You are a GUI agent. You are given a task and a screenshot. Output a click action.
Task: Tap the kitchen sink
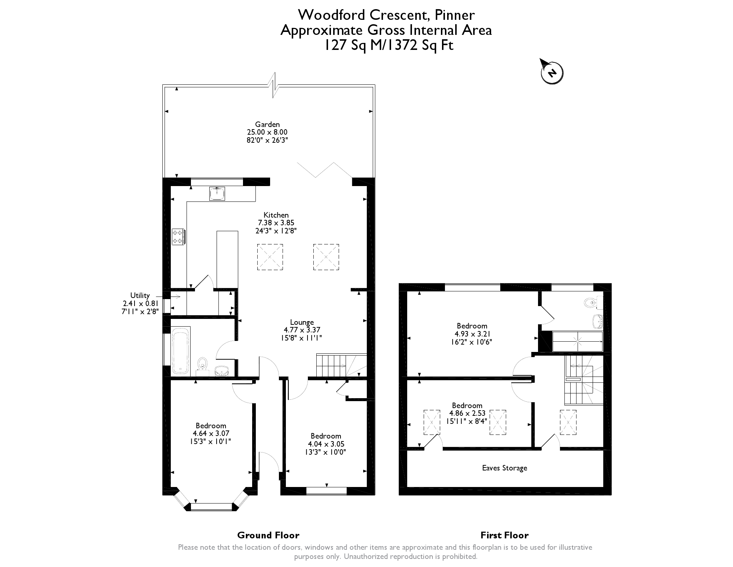(x=217, y=194)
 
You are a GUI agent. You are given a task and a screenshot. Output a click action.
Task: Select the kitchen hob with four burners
(x=178, y=237)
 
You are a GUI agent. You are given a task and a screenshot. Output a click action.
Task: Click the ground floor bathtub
(x=181, y=352)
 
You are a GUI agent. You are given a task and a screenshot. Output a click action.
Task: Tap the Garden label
(x=268, y=124)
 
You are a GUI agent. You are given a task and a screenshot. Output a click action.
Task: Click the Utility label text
(x=140, y=295)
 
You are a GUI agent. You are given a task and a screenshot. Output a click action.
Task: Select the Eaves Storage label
(x=505, y=468)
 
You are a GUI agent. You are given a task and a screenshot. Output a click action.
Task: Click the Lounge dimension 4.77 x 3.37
(x=302, y=330)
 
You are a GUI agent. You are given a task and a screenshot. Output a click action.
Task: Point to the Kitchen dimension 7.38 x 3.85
(x=276, y=223)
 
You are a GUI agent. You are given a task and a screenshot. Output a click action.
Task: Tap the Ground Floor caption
(x=268, y=535)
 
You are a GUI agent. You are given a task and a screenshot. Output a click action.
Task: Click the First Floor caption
(x=505, y=535)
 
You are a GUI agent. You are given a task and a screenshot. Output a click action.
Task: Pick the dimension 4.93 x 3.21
(x=472, y=334)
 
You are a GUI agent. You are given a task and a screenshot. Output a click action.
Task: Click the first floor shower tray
(x=577, y=341)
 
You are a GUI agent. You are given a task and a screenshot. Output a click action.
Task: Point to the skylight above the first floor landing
(x=568, y=422)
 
